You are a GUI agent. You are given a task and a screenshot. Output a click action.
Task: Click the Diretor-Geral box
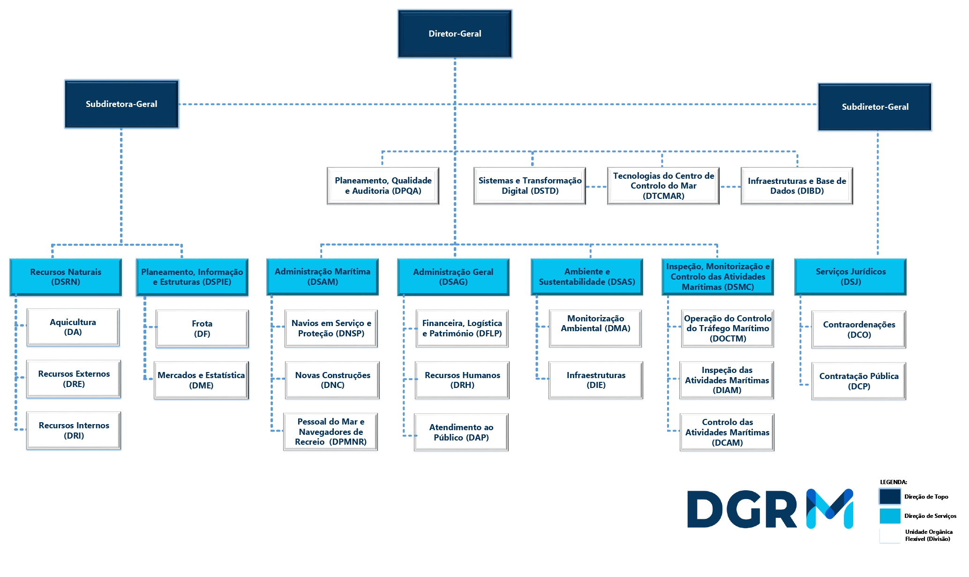pos(455,34)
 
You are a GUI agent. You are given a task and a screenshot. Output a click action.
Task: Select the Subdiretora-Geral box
pos(121,104)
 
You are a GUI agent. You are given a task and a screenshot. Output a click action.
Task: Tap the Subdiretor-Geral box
pos(875,107)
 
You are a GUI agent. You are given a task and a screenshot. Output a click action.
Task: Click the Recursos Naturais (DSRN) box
pos(66,277)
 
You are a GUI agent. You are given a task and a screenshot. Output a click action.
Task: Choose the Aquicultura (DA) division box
pos(73,327)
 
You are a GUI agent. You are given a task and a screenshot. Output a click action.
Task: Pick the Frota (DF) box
pos(202,329)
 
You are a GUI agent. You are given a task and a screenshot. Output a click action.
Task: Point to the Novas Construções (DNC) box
pos(332,380)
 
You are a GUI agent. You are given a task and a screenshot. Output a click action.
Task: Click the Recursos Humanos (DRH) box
pos(462,380)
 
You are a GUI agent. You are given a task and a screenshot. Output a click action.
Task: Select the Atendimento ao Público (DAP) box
pos(461,432)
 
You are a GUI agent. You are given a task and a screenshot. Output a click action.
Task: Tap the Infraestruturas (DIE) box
pos(596,380)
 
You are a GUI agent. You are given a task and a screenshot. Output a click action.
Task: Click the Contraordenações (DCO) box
pos(859,329)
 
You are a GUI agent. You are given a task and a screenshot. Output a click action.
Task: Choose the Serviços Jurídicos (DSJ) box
pos(850,277)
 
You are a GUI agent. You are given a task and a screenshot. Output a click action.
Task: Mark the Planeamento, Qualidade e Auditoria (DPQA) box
pos(383,186)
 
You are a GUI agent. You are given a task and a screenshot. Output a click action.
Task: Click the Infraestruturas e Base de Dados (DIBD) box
pos(797,186)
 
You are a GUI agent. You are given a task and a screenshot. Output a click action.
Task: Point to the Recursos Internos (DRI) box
pos(74,431)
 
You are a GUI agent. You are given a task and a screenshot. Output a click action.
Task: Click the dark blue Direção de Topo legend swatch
pos(890,496)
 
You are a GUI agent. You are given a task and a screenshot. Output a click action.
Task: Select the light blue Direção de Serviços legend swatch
pos(890,516)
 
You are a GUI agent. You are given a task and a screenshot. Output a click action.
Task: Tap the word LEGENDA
pos(893,482)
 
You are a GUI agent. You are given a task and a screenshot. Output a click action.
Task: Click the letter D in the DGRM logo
pos(705,509)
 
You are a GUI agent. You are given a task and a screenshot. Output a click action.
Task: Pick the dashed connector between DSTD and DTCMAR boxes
pos(596,187)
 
